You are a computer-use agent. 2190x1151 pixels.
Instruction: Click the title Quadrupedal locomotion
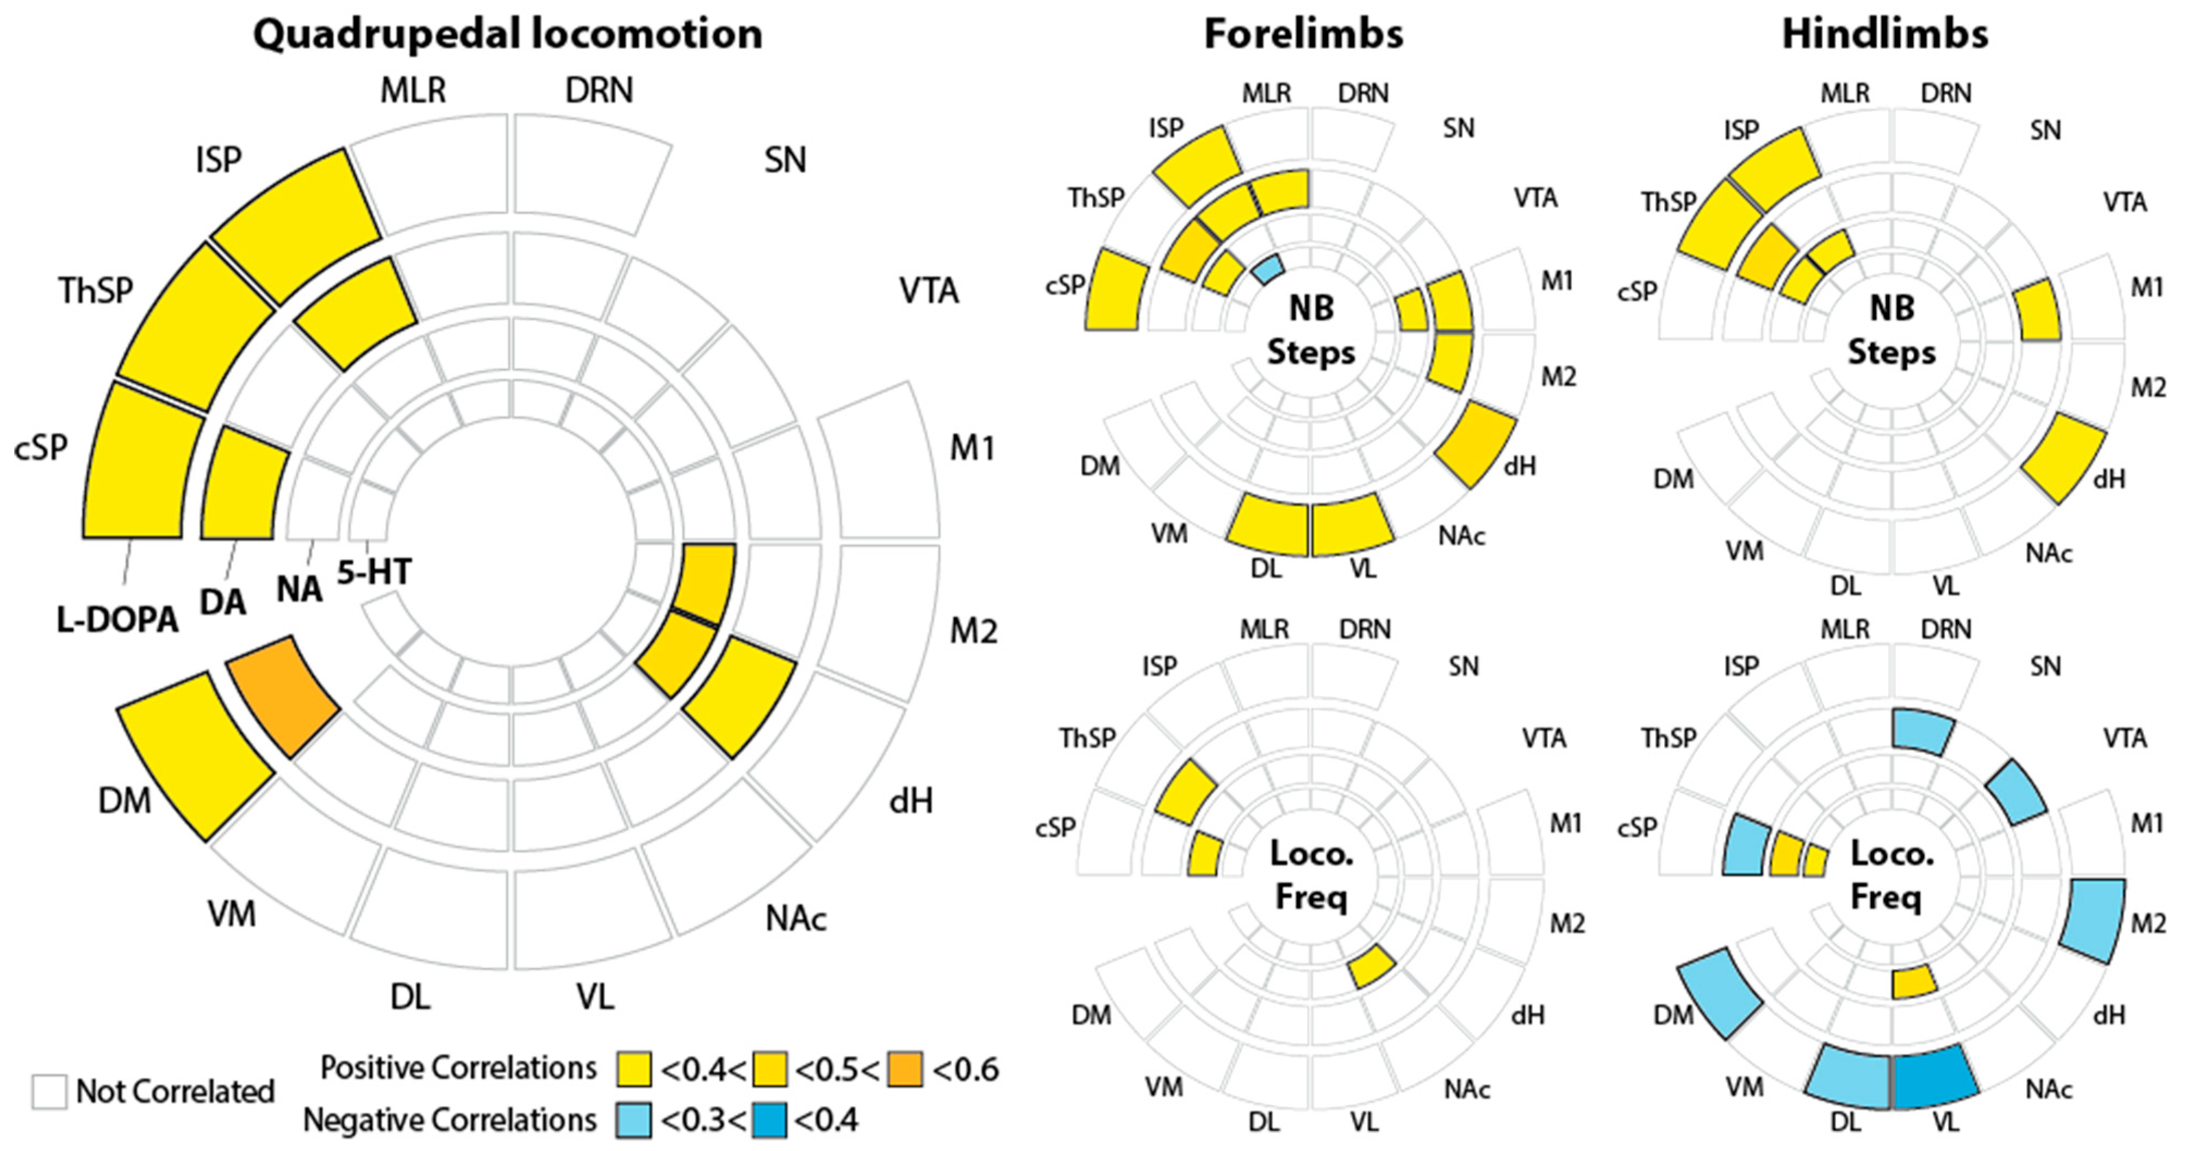508,35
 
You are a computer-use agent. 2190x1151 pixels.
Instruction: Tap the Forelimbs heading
1303,35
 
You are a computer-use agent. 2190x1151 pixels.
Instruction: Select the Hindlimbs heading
1885,35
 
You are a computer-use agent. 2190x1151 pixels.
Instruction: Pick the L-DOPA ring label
117,620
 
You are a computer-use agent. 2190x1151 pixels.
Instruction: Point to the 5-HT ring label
374,572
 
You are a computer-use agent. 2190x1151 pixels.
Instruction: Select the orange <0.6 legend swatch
905,1069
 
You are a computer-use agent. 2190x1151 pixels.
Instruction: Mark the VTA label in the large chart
929,291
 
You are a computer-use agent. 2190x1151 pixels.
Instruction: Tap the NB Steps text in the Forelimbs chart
1311,330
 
